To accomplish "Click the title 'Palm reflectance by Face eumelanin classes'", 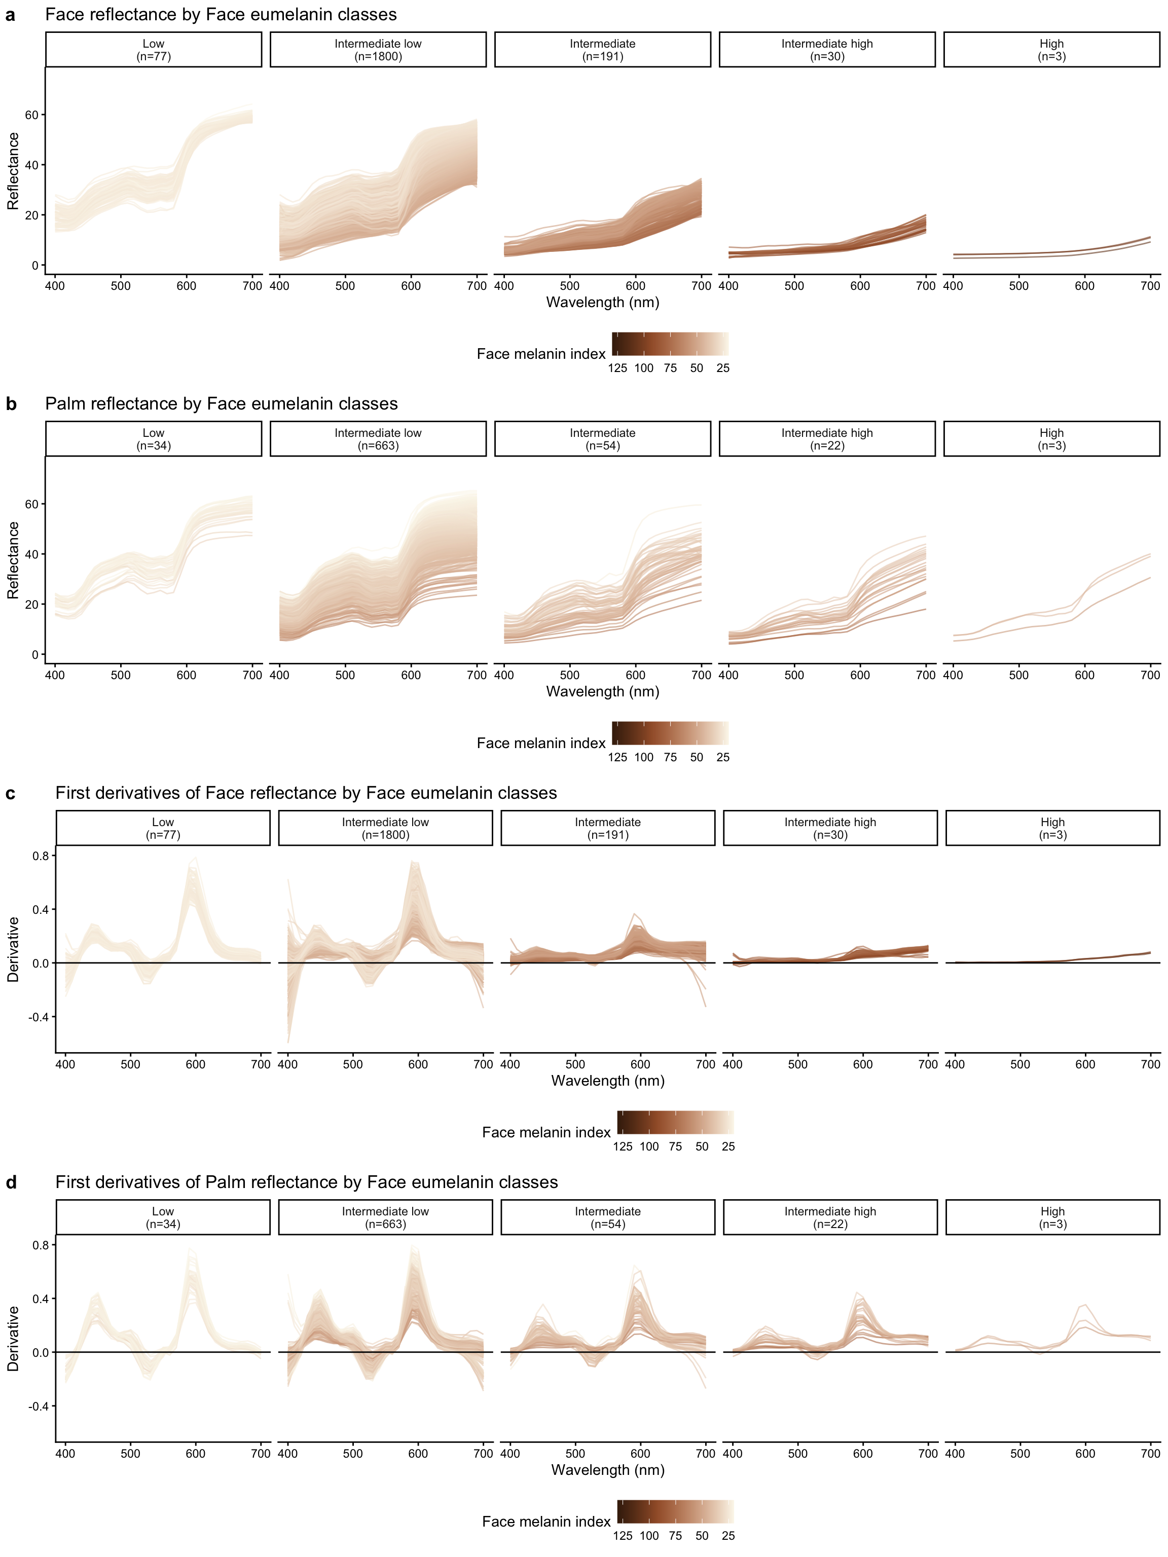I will point(221,404).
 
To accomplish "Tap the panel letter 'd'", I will point(11,1182).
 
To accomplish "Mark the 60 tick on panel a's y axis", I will point(31,115).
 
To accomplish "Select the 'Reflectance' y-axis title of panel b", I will point(13,560).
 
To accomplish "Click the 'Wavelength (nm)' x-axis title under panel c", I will point(608,1081).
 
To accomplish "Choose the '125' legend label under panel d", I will point(623,1536).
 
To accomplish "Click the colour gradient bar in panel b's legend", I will point(670,733).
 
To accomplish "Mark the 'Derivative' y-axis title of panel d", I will point(13,1338).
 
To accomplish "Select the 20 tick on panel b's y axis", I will point(31,605).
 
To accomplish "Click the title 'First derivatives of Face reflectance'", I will point(306,793).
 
